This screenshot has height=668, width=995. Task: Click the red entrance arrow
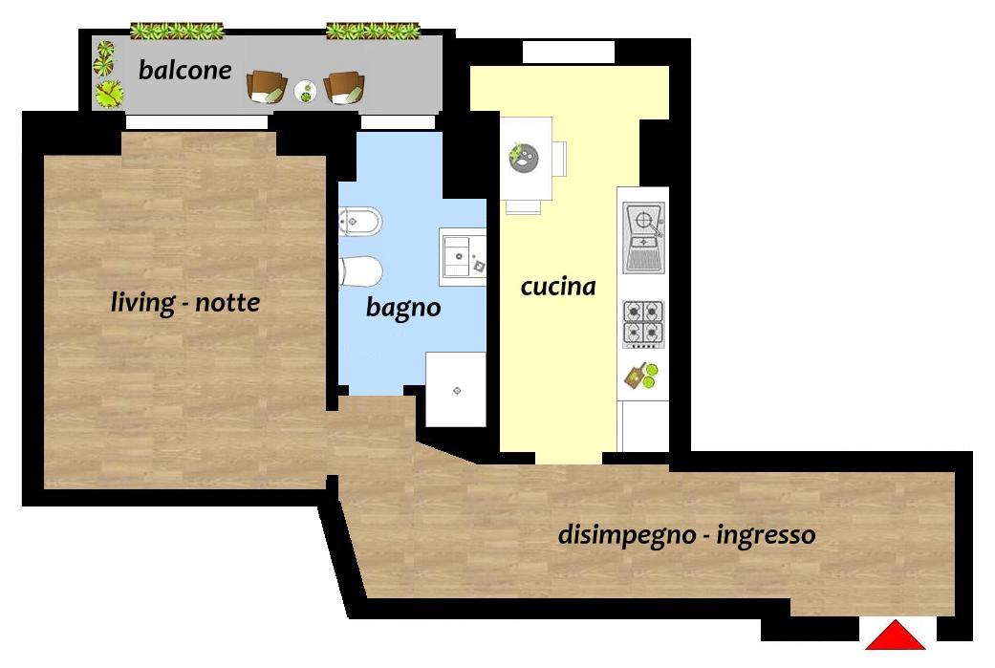pos(896,636)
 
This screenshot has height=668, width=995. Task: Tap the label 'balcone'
pos(184,70)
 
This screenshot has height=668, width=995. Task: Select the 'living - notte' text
pos(184,303)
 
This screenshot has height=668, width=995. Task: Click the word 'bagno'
pos(403,308)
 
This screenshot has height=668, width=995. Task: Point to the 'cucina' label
pos(558,287)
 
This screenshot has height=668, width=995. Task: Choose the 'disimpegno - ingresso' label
pos(686,535)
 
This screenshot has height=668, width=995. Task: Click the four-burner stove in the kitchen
pos(643,324)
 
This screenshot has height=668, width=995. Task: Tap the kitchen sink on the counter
pos(643,237)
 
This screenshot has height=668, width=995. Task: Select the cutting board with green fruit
pos(642,375)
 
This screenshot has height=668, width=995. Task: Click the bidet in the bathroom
pos(359,222)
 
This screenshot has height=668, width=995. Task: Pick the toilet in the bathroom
pos(359,271)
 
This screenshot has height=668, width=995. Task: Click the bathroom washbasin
pos(464,256)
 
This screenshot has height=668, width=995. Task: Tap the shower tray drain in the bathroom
pos(457,390)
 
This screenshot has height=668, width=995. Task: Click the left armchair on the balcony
pos(267,86)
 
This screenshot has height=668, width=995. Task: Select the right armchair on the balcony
pos(344,87)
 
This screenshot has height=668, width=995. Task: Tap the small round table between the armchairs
pos(306,92)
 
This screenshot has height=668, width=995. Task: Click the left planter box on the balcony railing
pos(177,31)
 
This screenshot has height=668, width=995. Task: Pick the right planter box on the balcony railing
pos(373,31)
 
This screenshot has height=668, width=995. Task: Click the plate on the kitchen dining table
pos(524,158)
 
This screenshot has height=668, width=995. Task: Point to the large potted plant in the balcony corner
pos(110,94)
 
